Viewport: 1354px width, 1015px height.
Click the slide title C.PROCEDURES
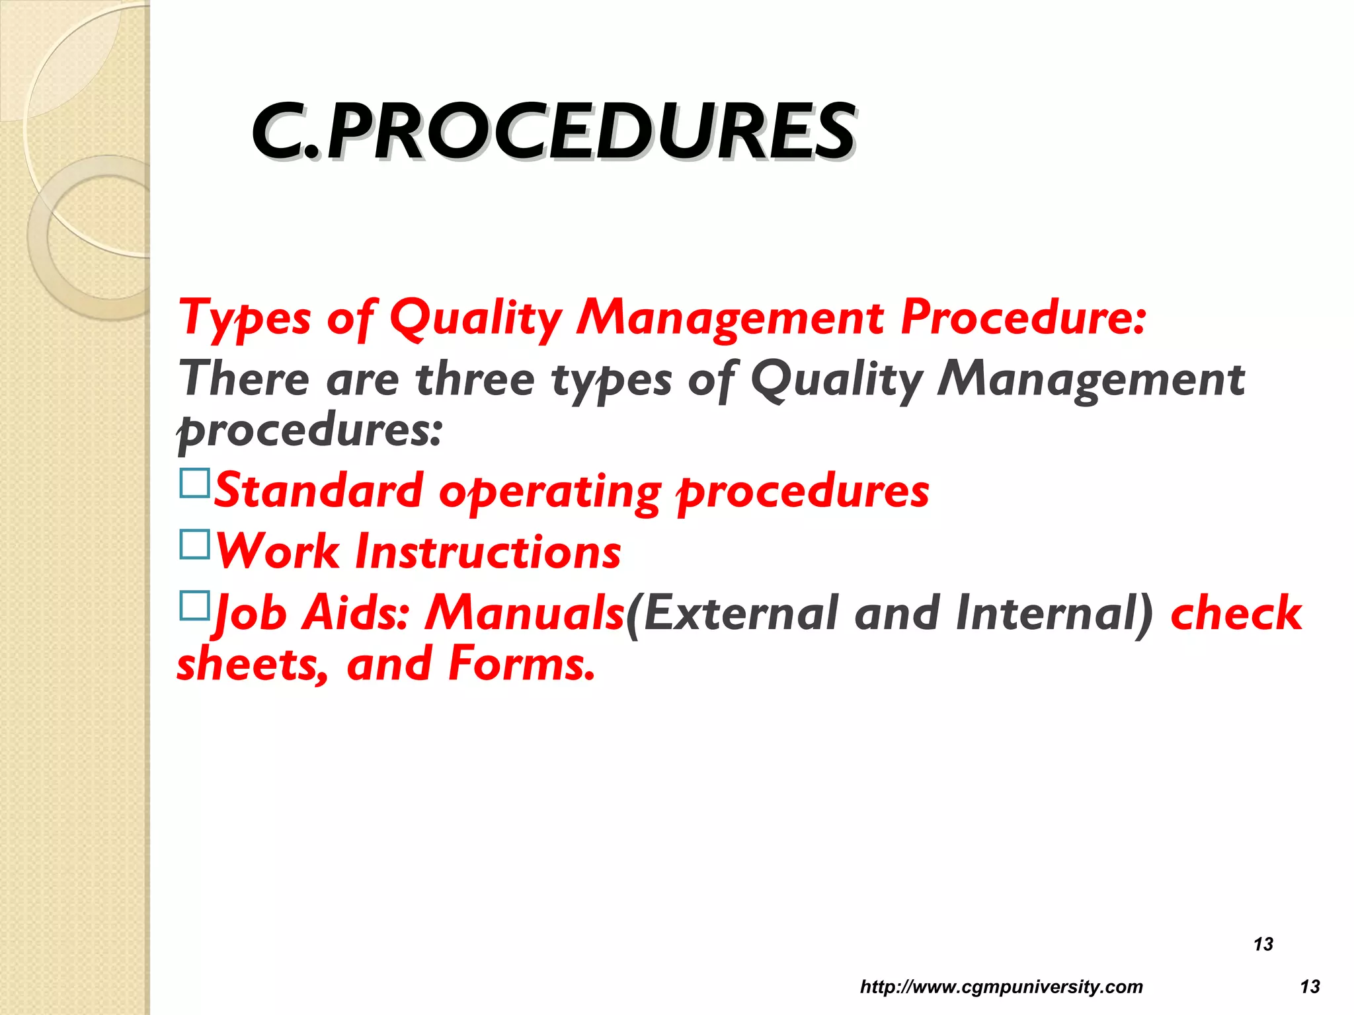[x=554, y=132]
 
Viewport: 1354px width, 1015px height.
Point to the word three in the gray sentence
[x=475, y=379]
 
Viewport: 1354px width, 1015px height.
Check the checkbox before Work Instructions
[x=194, y=545]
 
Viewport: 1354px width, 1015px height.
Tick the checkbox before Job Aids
[x=194, y=605]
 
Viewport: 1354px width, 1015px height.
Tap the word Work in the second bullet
[x=278, y=552]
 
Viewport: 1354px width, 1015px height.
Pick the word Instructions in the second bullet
[x=488, y=552]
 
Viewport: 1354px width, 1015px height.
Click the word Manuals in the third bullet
[x=524, y=613]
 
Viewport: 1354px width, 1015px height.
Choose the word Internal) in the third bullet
[x=1055, y=613]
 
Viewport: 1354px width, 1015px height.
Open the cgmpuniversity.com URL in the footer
[x=1001, y=987]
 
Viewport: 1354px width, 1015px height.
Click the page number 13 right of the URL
[x=1310, y=987]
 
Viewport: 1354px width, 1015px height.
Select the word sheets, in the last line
[x=253, y=664]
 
